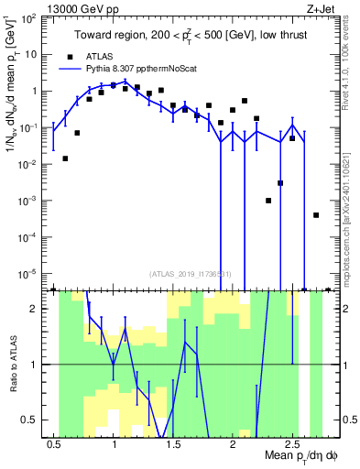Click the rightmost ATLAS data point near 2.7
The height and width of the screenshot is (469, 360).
pyautogui.click(x=316, y=215)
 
